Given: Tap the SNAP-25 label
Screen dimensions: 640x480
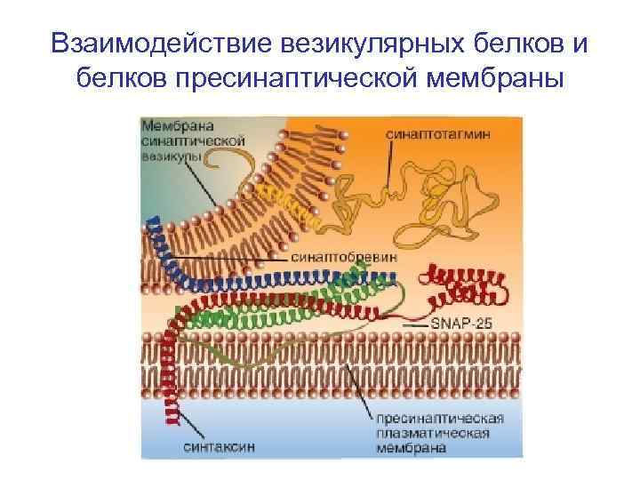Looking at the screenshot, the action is [464, 326].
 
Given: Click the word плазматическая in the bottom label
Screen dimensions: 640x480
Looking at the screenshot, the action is [433, 433].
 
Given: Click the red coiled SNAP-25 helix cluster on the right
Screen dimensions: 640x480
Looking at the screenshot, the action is [467, 284].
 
